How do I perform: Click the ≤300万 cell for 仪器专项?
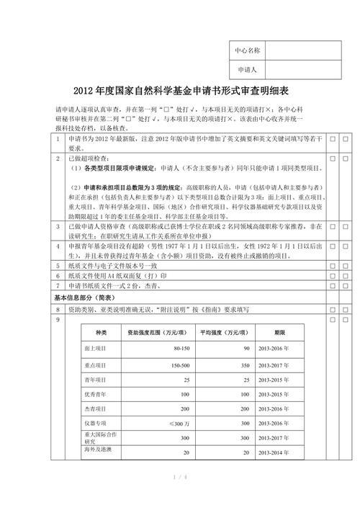[179, 423]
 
